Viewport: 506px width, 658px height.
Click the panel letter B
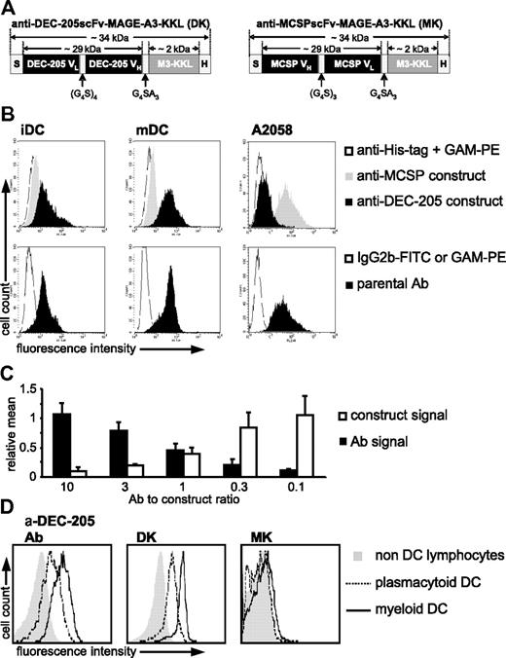[x=9, y=112]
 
